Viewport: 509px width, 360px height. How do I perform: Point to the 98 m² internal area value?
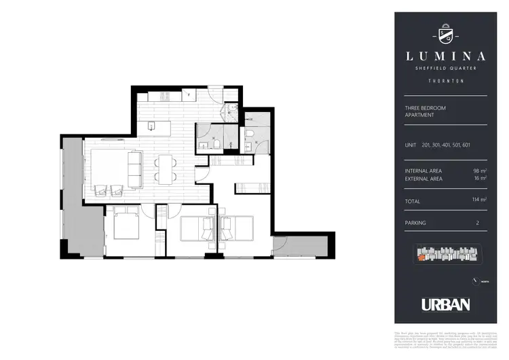[480, 170]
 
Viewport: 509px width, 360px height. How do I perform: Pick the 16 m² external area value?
[480, 179]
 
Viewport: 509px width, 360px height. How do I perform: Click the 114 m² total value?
[479, 200]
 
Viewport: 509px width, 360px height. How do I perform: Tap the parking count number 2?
[478, 222]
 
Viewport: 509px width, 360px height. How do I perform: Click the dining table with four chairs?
[166, 169]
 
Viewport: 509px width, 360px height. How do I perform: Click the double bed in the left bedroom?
[126, 223]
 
